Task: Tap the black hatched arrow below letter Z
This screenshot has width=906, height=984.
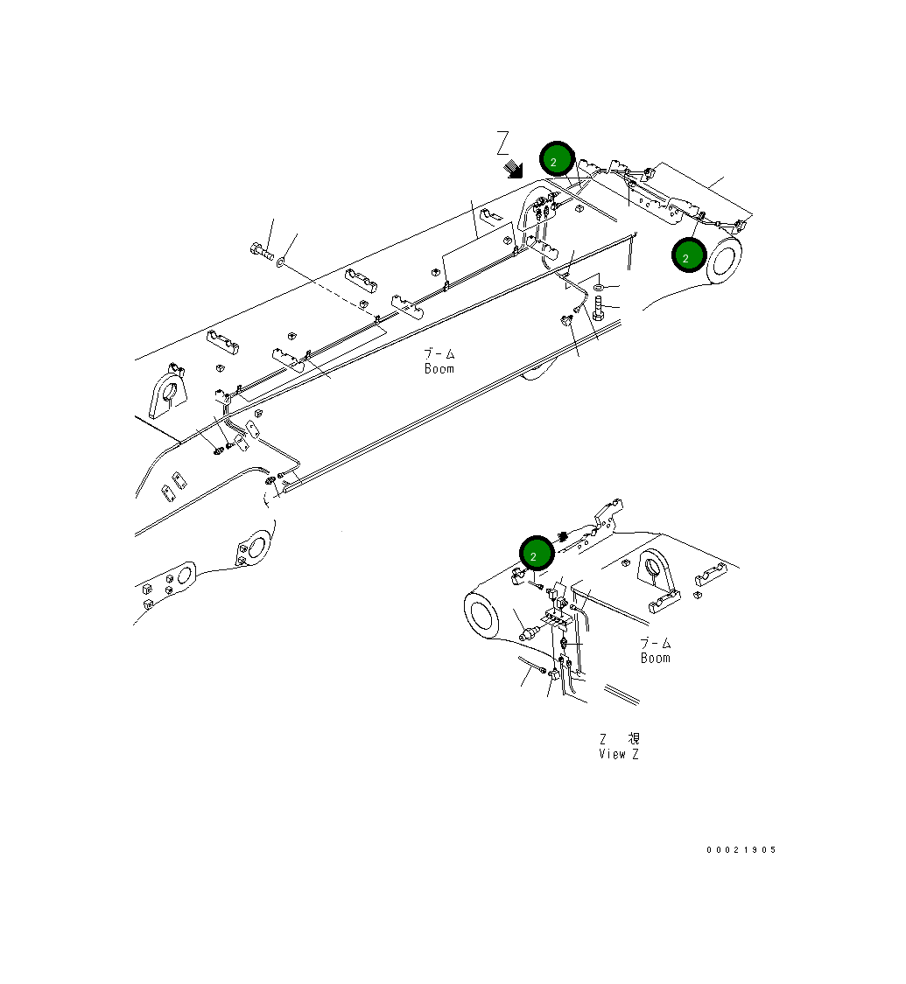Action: (x=513, y=168)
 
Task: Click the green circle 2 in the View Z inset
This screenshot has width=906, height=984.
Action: (x=537, y=554)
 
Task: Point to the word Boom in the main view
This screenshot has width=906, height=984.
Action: (x=439, y=369)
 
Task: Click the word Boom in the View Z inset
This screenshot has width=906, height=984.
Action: (x=655, y=659)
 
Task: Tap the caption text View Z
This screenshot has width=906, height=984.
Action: (x=619, y=754)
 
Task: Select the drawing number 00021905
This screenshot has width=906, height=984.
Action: (x=741, y=850)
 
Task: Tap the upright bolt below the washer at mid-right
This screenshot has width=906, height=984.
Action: (x=599, y=308)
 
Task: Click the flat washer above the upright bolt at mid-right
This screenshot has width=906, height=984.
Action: (x=598, y=287)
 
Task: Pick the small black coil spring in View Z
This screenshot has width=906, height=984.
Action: (x=564, y=536)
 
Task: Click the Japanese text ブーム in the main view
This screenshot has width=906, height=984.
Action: (x=439, y=354)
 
